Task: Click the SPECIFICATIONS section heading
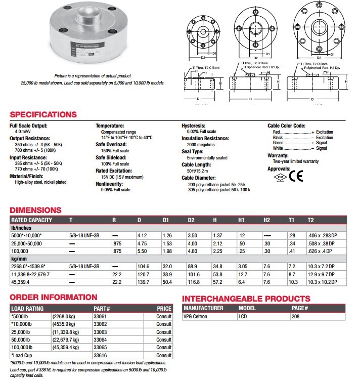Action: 43,114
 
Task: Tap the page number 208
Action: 295,316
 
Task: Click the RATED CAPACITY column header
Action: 31,220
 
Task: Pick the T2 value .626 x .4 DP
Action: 322,251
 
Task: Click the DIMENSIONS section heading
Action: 36,210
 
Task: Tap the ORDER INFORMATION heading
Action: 54,298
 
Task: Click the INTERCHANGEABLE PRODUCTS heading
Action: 246,299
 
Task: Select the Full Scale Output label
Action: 29,125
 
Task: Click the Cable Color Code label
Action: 286,125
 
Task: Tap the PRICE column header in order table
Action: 164,308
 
